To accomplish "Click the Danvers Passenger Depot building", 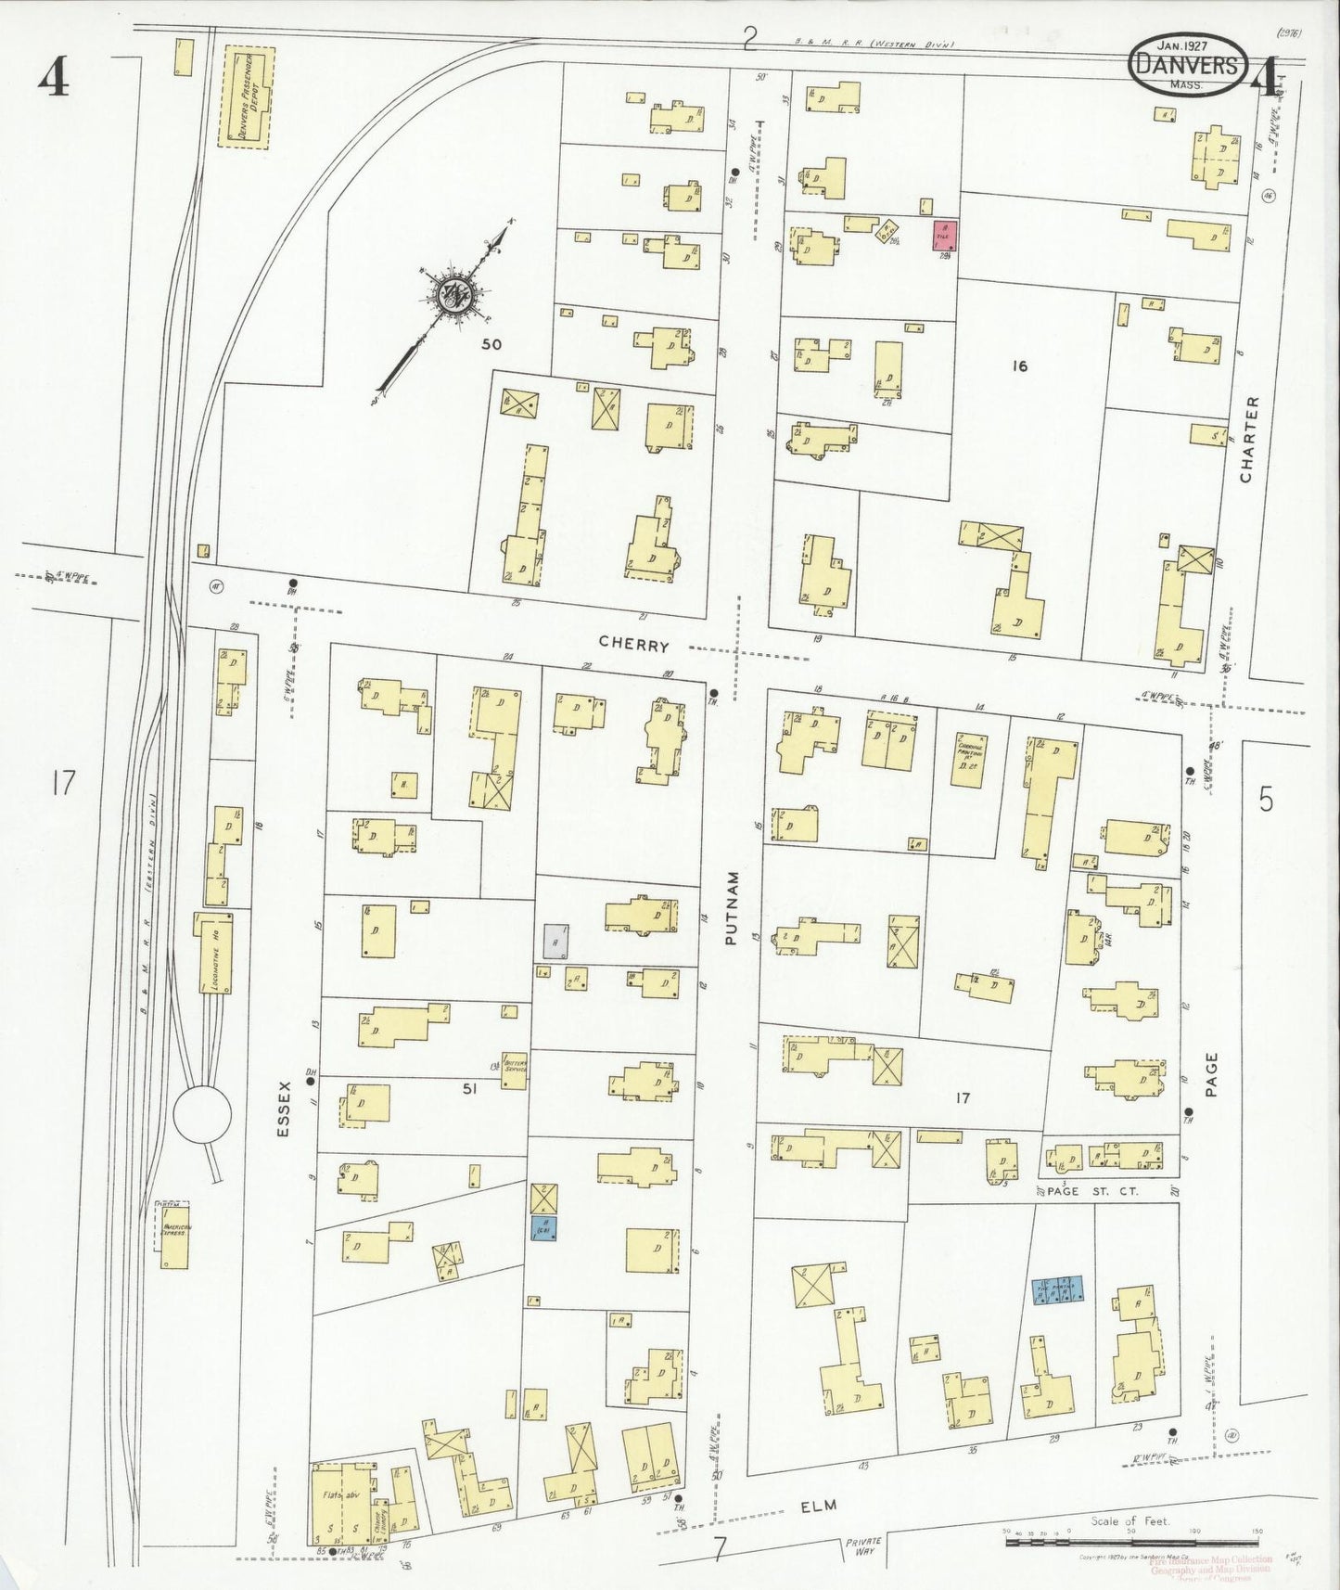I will tap(245, 98).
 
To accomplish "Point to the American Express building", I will tap(173, 1235).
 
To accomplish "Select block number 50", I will tap(491, 344).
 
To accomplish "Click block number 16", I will tap(1019, 366).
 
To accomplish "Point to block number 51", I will tap(469, 1090).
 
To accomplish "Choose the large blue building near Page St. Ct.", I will tap(1057, 1290).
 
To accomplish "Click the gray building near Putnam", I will tap(555, 941).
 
